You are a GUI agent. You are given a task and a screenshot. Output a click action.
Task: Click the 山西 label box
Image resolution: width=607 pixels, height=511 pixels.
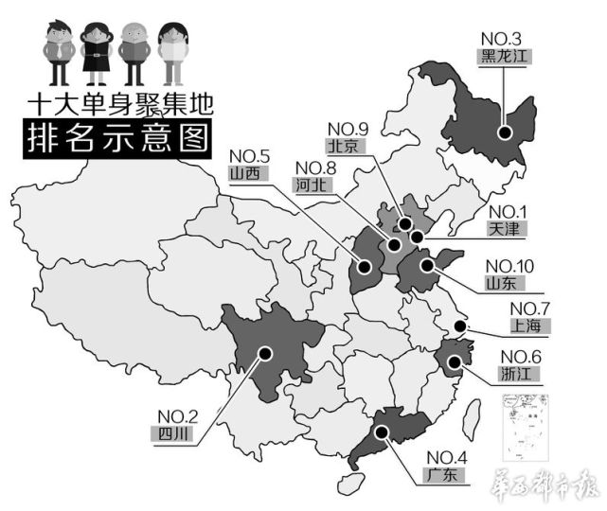pos(248,173)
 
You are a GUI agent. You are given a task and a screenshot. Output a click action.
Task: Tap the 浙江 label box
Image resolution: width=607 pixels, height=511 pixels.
pos(519,374)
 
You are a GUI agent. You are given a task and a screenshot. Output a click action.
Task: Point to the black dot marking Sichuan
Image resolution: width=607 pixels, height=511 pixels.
pos(265,353)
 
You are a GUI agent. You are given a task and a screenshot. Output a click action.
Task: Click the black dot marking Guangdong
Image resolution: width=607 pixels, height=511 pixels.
pos(381,432)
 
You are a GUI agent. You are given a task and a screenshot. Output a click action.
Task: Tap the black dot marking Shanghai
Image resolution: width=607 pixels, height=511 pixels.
pos(459,327)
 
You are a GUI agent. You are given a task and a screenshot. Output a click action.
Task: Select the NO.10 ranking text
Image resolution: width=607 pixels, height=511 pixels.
pos(509,264)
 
